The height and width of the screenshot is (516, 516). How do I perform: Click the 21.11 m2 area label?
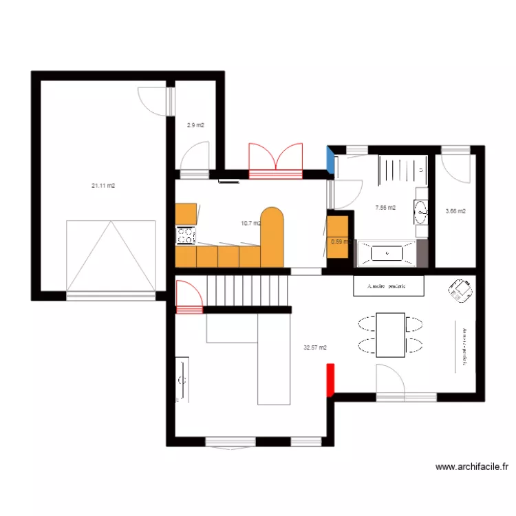tap(103, 185)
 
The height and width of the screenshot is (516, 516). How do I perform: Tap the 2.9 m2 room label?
tap(195, 125)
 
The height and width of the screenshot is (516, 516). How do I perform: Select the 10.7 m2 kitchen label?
tap(250, 223)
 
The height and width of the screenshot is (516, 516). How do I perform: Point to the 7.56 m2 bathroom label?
tap(385, 207)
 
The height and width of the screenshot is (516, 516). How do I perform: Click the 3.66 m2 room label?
tap(455, 211)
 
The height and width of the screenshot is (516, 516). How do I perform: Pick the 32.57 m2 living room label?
tap(315, 348)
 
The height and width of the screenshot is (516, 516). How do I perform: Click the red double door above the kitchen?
tap(275, 158)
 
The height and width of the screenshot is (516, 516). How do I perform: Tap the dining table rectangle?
tap(391, 334)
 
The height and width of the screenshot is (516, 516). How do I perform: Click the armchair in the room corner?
tap(460, 291)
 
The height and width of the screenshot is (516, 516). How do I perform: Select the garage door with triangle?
tap(110, 256)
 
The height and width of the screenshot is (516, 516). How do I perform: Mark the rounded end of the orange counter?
tap(272, 219)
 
